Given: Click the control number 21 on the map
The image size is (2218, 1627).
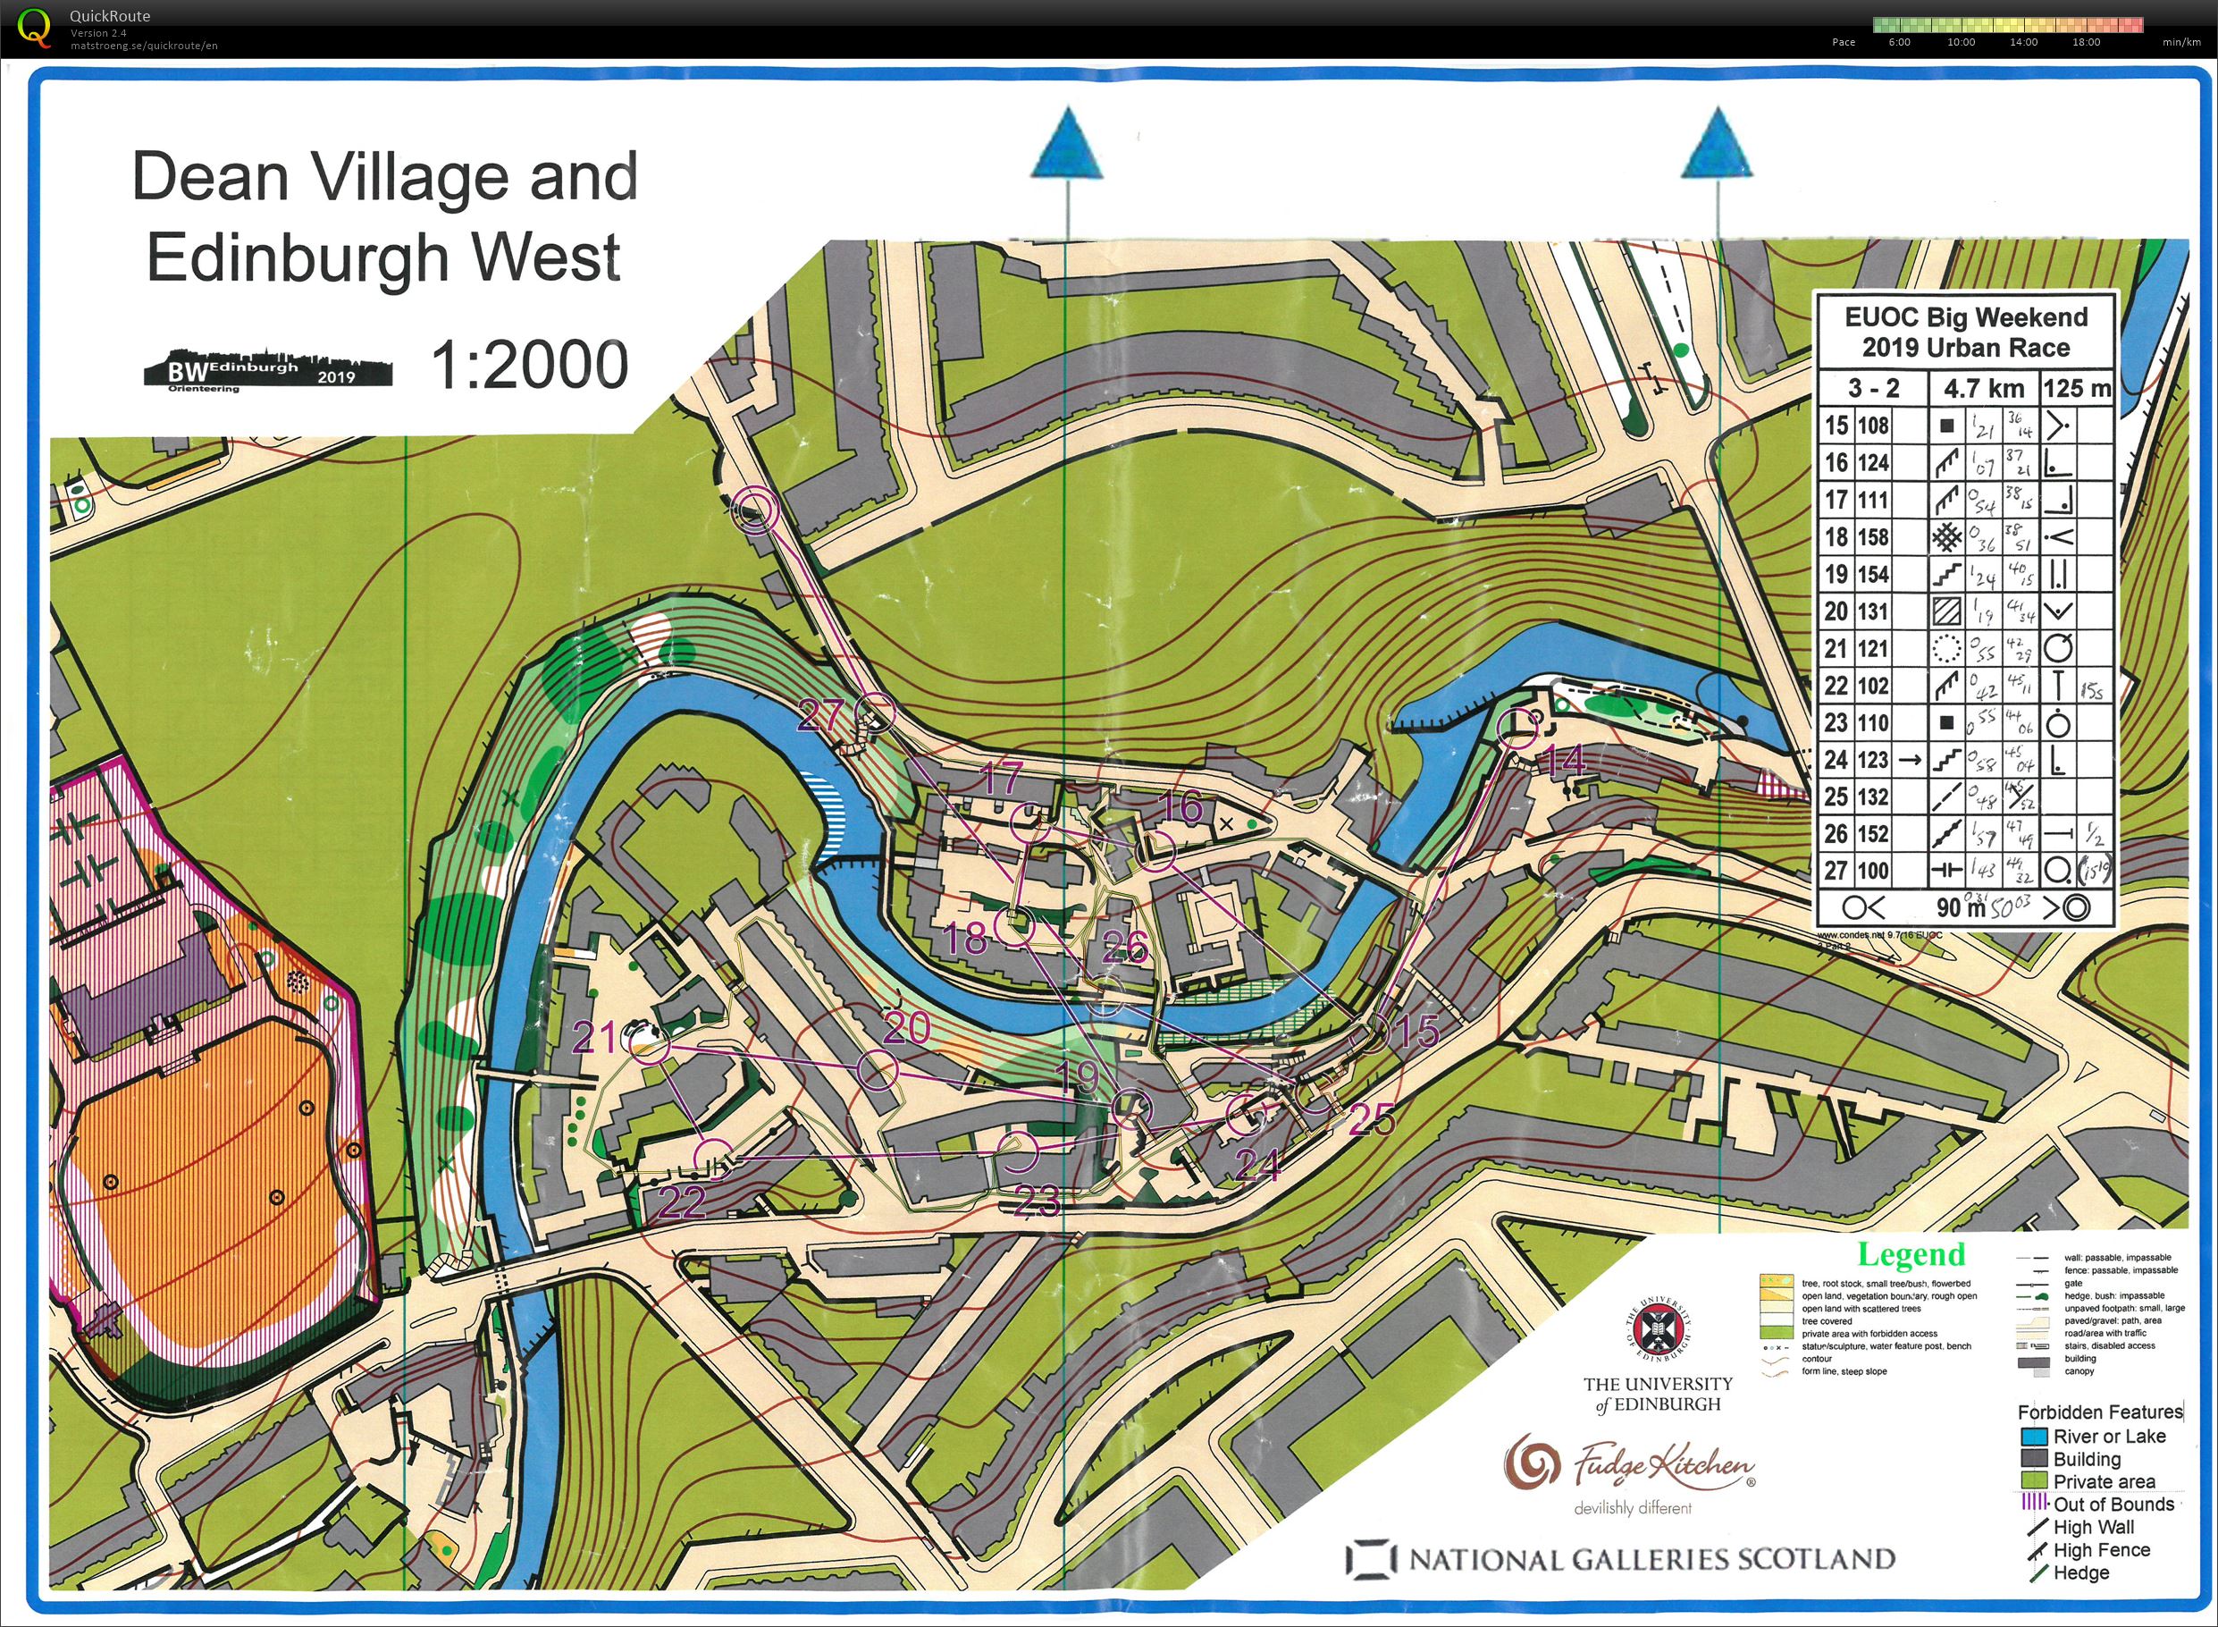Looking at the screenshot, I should pos(594,1038).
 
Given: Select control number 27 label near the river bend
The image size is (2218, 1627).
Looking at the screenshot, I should pos(820,716).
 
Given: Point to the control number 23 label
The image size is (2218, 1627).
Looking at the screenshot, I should pos(1038,1201).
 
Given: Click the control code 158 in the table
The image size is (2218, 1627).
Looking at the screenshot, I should pos(1872,538).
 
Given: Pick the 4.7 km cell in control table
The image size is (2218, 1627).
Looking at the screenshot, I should pos(1983,389).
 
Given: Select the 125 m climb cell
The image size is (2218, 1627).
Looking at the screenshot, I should pos(2077,389).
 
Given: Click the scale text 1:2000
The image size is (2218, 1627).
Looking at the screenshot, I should pos(530,366).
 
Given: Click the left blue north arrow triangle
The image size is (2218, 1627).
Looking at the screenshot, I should pos(1066,146).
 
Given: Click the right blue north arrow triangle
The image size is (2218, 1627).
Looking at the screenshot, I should pos(1717,146).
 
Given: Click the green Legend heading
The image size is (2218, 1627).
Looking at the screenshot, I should pos(1911,1256).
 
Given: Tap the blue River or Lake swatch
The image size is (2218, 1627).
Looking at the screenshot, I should pos(2033,1437).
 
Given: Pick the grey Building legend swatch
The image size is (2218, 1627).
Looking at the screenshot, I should pos(2033,1460).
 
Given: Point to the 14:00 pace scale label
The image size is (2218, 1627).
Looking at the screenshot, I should pos(2023,42).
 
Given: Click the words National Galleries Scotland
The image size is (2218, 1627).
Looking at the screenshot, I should pos(1652,1560).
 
